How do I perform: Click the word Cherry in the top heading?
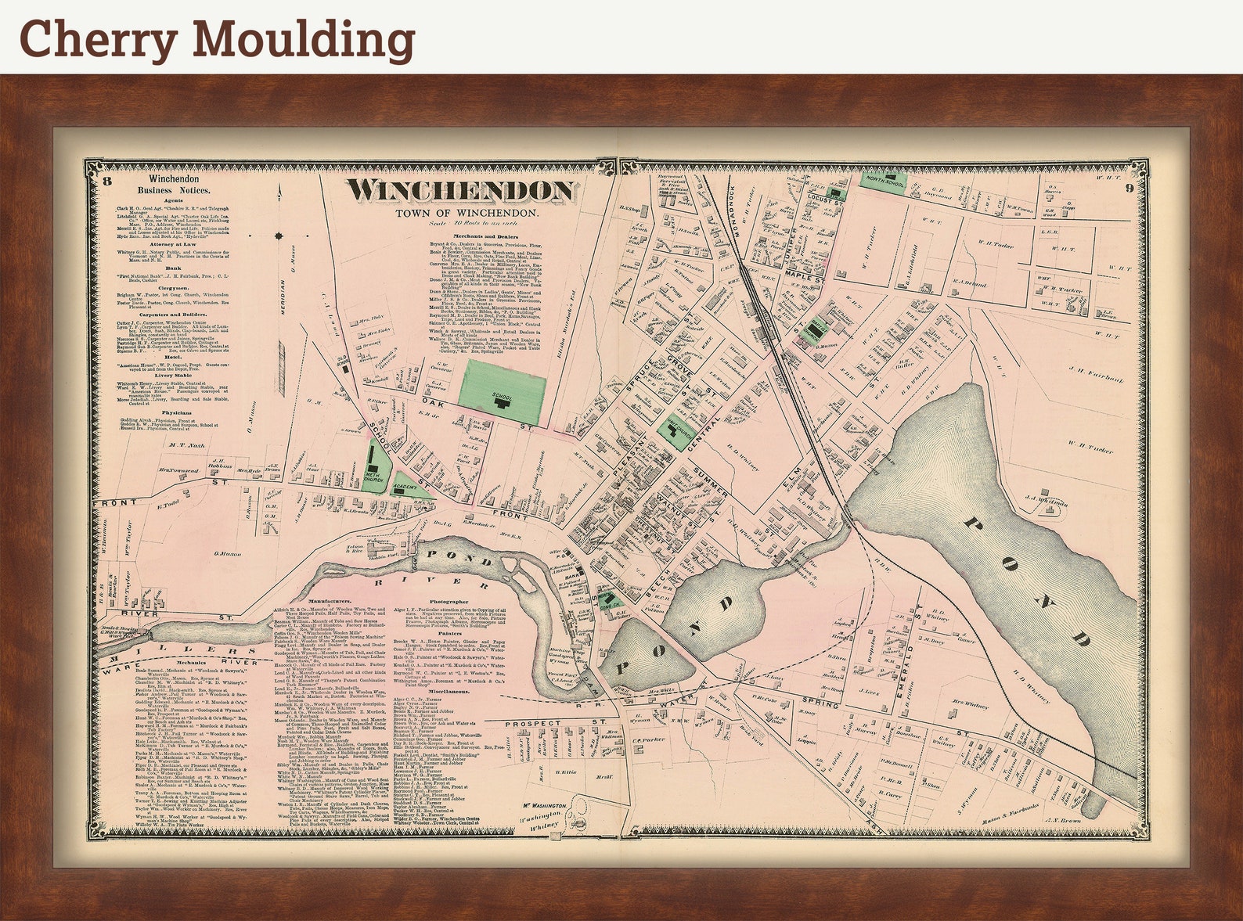click(98, 38)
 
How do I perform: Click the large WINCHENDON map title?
click(461, 190)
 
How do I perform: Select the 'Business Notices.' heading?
click(173, 190)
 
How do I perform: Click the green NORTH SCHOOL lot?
click(884, 182)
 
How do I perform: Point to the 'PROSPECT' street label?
click(535, 723)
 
